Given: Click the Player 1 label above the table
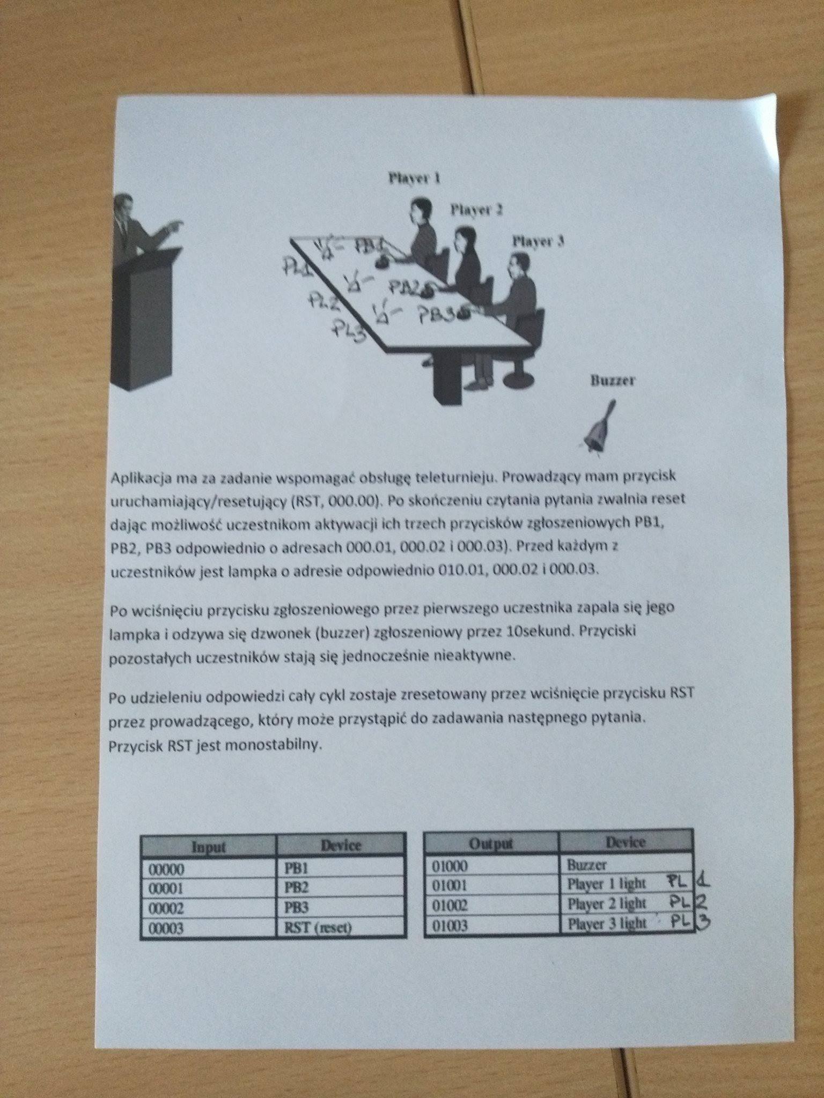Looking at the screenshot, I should pyautogui.click(x=414, y=179).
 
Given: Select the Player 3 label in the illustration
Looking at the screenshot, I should pyautogui.click(x=538, y=241).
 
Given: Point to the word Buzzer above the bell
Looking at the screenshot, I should pyautogui.click(x=613, y=381).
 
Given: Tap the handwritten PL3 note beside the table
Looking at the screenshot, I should pyautogui.click(x=349, y=329).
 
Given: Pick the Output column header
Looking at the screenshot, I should pyautogui.click(x=491, y=843).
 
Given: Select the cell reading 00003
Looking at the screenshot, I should pyautogui.click(x=166, y=928).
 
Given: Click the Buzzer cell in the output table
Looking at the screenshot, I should pyautogui.click(x=586, y=864).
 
